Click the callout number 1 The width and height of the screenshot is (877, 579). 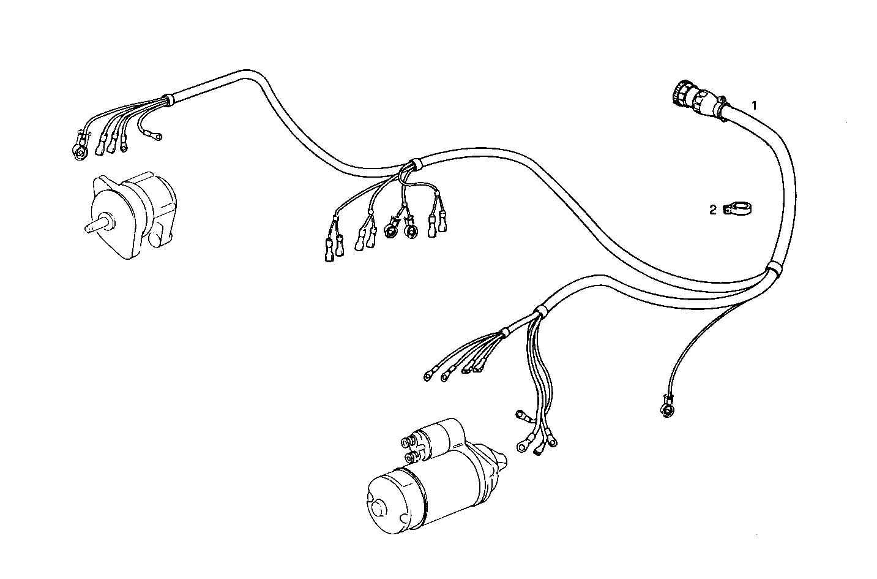pos(755,105)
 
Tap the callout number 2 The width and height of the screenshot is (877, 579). pos(712,210)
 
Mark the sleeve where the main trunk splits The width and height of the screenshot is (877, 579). pos(774,268)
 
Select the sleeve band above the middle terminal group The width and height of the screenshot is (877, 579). pos(413,164)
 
